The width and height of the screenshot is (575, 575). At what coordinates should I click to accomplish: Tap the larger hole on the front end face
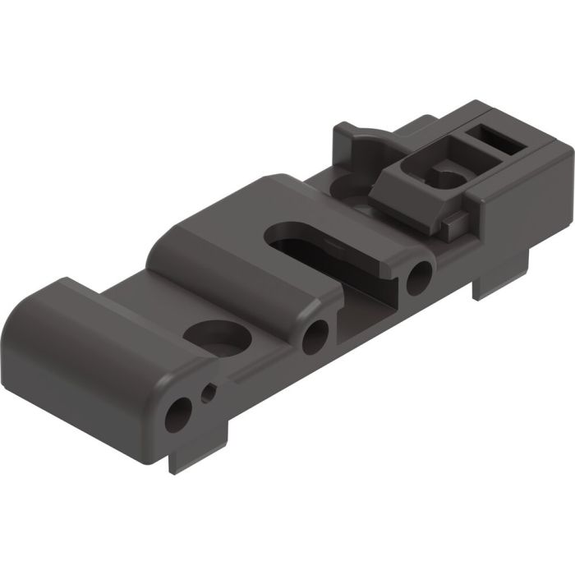pos(177,416)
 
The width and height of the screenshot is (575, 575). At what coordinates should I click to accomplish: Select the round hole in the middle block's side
pos(315,336)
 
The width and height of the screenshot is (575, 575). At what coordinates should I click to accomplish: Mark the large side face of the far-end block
pos(526,205)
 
